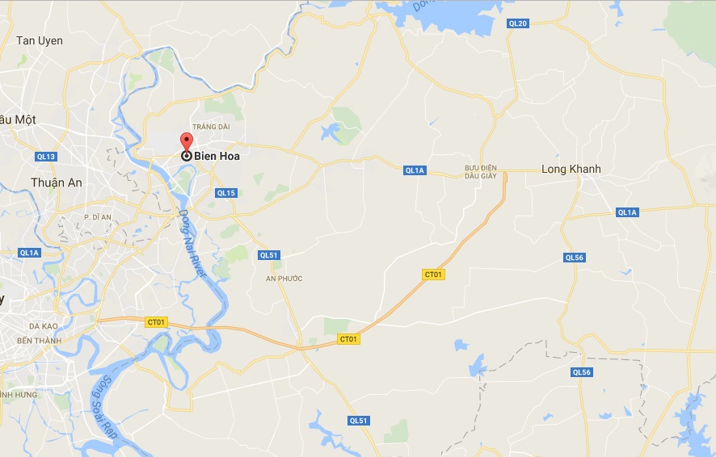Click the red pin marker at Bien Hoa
click(x=186, y=142)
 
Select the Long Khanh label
click(x=571, y=169)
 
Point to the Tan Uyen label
click(x=39, y=40)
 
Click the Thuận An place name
click(x=56, y=182)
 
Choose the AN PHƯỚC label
click(x=284, y=278)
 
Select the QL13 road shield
click(x=46, y=156)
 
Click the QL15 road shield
click(x=226, y=193)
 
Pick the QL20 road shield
click(x=518, y=23)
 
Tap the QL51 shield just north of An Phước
click(x=268, y=255)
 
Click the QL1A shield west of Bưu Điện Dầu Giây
click(x=415, y=170)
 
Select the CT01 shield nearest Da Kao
click(x=156, y=321)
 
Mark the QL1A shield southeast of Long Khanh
click(x=627, y=212)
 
